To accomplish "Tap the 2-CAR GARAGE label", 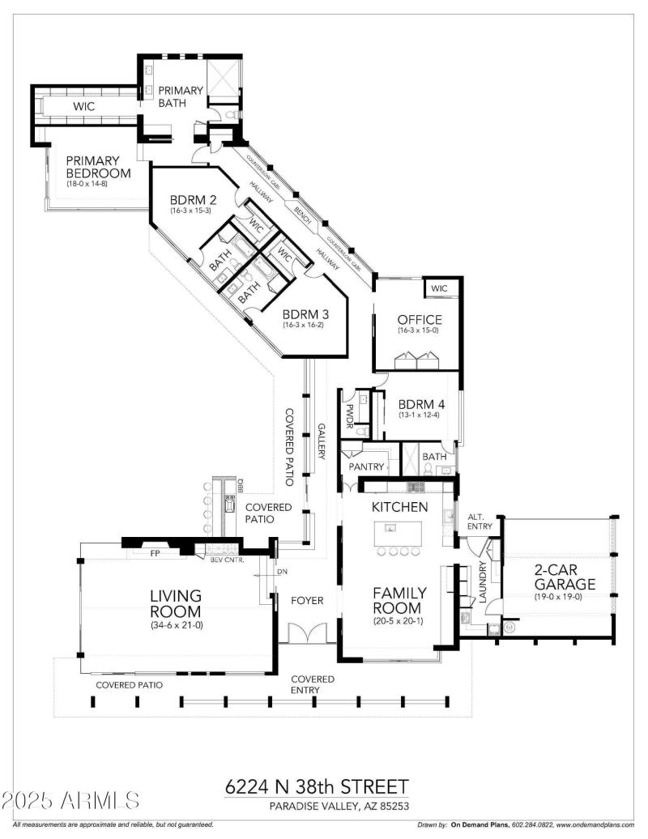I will point(564,577).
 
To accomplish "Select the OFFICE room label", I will point(419,320).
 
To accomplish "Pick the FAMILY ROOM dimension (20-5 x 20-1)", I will point(397,622).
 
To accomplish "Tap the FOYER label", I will point(307,601).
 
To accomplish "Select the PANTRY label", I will point(365,467).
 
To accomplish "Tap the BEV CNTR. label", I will point(227,560).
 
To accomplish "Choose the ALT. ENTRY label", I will point(480,522).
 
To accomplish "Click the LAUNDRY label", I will point(484,582).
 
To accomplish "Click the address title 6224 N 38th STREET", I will point(316,787).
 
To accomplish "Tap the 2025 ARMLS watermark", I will point(71,801).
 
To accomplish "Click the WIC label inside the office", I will point(439,288).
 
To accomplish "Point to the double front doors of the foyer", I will point(307,633).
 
